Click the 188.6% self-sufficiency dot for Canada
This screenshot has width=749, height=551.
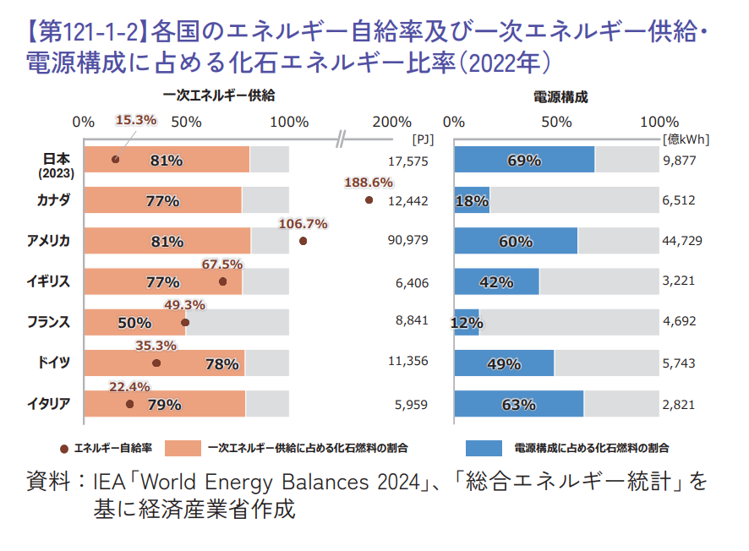(x=369, y=200)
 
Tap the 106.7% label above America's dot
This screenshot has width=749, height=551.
(x=303, y=224)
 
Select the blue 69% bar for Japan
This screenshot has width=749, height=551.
(x=524, y=160)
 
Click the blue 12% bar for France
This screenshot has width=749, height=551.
(x=467, y=322)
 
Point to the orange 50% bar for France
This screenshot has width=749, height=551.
(x=135, y=322)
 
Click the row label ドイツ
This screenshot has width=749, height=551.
(x=55, y=362)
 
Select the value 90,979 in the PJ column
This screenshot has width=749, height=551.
(x=407, y=241)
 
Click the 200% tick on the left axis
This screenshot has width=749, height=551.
(x=391, y=122)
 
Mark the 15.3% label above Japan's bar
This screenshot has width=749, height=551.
(x=136, y=120)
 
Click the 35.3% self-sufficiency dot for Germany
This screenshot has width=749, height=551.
(x=156, y=363)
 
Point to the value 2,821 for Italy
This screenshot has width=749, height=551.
(x=678, y=404)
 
